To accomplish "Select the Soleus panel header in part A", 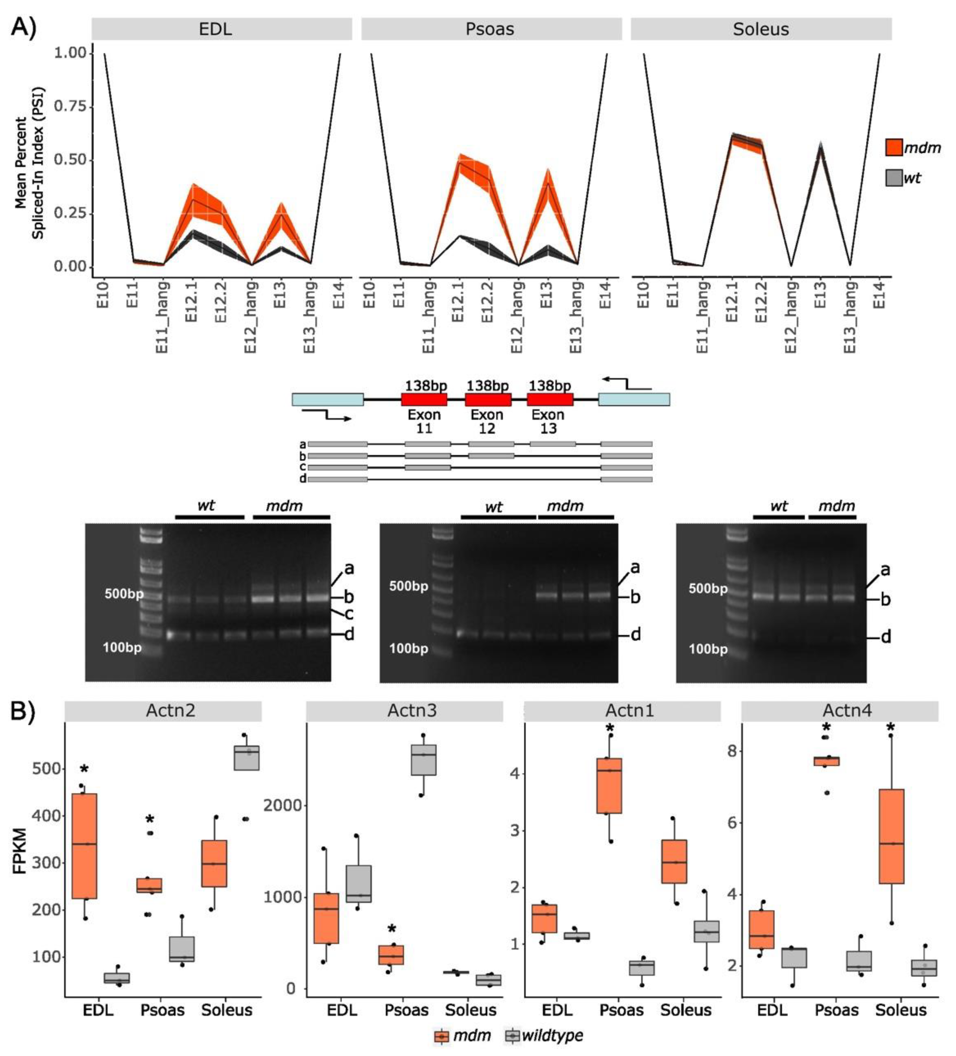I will click(761, 29).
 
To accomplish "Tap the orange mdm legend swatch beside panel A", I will click(893, 147).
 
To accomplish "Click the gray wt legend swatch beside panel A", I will click(893, 178).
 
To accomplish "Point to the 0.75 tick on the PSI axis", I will click(71, 106).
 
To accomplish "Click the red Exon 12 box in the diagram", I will click(488, 399).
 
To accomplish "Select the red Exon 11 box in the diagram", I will click(424, 399).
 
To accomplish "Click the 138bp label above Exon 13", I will click(549, 386).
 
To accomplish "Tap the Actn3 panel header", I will click(404, 711).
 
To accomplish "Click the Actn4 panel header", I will click(840, 711).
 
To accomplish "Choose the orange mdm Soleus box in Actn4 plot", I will click(891, 836).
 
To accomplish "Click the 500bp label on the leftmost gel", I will click(123, 594).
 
